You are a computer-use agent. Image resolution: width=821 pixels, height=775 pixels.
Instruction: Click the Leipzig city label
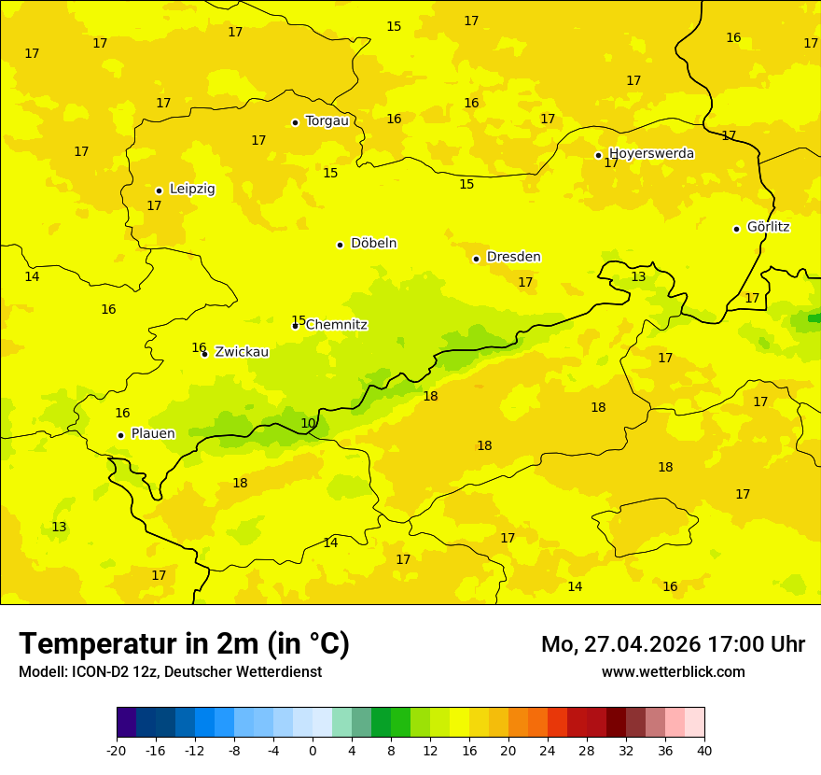[x=192, y=189]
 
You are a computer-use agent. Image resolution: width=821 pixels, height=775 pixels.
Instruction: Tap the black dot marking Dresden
[x=476, y=259]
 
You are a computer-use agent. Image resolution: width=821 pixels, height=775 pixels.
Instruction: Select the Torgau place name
[x=327, y=120]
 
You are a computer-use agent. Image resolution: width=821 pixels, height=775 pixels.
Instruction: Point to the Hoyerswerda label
[x=651, y=153]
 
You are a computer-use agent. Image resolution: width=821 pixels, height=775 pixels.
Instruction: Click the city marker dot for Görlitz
[x=736, y=229]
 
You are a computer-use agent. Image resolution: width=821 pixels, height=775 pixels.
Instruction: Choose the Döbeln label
[x=373, y=243]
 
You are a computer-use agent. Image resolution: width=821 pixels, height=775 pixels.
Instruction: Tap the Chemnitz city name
[x=336, y=325]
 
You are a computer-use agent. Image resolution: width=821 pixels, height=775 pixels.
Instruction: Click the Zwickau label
[x=242, y=352]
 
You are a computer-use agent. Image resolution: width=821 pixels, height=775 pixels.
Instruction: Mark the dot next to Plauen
[x=120, y=435]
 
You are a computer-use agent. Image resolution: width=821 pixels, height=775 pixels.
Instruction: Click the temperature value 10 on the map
[x=308, y=423]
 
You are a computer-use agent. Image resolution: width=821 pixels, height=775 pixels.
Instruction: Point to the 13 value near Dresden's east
[x=638, y=276]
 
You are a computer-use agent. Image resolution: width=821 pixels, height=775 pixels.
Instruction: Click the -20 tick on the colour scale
[x=117, y=751]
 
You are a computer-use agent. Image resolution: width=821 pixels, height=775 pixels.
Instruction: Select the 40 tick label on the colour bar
[x=704, y=751]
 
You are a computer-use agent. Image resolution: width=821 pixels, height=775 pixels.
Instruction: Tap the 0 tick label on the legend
[x=313, y=751]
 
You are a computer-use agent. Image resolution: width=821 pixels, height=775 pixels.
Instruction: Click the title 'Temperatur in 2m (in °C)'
[x=184, y=643]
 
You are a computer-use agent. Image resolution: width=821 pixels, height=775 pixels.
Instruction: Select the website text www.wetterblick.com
[x=673, y=671]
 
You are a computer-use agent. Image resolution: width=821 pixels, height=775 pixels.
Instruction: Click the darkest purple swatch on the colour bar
[x=126, y=723]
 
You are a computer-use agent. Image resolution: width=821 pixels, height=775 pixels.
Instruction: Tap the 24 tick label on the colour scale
[x=548, y=751]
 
